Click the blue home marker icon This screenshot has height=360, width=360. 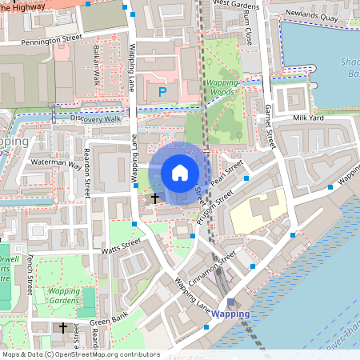click(x=180, y=172)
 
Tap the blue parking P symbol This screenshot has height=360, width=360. click(x=162, y=92)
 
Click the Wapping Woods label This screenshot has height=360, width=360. click(x=221, y=87)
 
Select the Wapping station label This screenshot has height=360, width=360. click(x=230, y=314)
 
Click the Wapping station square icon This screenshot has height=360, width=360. click(x=231, y=302)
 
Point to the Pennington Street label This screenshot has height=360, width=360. click(x=41, y=37)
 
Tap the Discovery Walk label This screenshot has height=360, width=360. click(x=94, y=118)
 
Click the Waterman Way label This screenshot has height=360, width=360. click(x=56, y=163)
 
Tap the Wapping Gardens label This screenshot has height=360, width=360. click(x=63, y=296)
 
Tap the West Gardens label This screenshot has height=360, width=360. click(x=237, y=3)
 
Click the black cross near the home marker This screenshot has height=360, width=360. click(x=154, y=196)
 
